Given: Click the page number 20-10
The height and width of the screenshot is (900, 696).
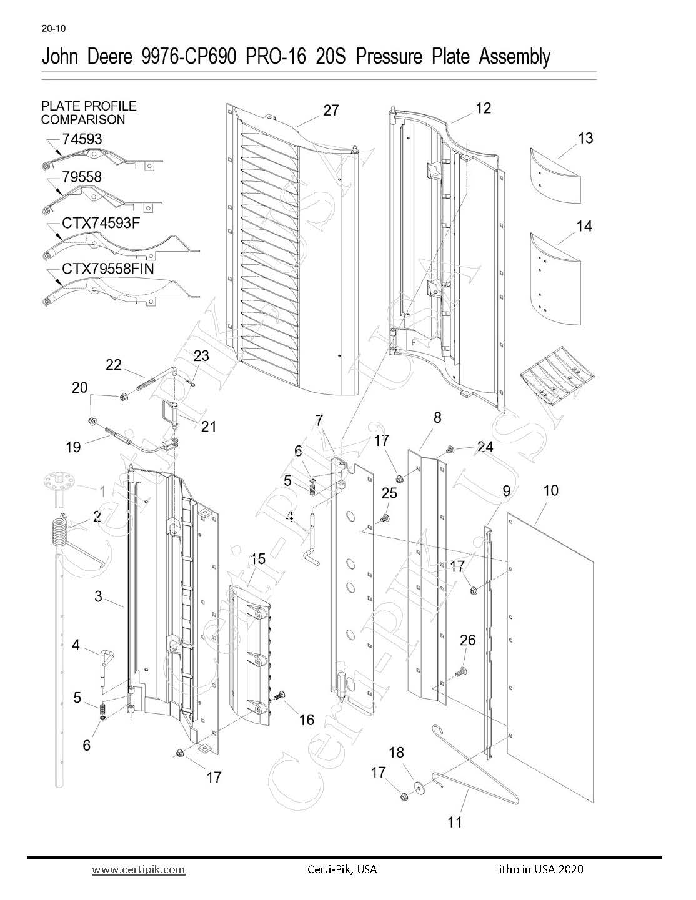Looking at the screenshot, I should tap(54, 29).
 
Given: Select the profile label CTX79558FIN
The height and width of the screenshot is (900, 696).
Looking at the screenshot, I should tap(107, 269).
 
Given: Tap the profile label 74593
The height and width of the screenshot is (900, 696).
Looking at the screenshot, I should tap(82, 139).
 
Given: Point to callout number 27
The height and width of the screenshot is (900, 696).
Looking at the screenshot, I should tap(331, 111).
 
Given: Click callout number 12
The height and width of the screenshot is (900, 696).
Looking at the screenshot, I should tap(483, 108).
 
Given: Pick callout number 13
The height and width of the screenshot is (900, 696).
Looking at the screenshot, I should tap(585, 138).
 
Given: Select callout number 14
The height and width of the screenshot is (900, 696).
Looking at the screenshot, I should tap(584, 225).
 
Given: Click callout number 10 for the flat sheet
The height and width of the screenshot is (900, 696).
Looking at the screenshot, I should tap(550, 490).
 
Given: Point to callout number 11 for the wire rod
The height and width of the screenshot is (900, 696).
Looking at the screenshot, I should tap(455, 822).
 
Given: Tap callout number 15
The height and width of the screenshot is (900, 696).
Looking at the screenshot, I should tap(257, 558).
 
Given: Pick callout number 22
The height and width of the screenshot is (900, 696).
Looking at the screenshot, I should tap(113, 364).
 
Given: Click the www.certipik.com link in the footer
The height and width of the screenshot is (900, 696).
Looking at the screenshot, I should tap(139, 869).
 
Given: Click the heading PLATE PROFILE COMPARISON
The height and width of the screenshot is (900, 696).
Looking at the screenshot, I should tap(89, 112).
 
